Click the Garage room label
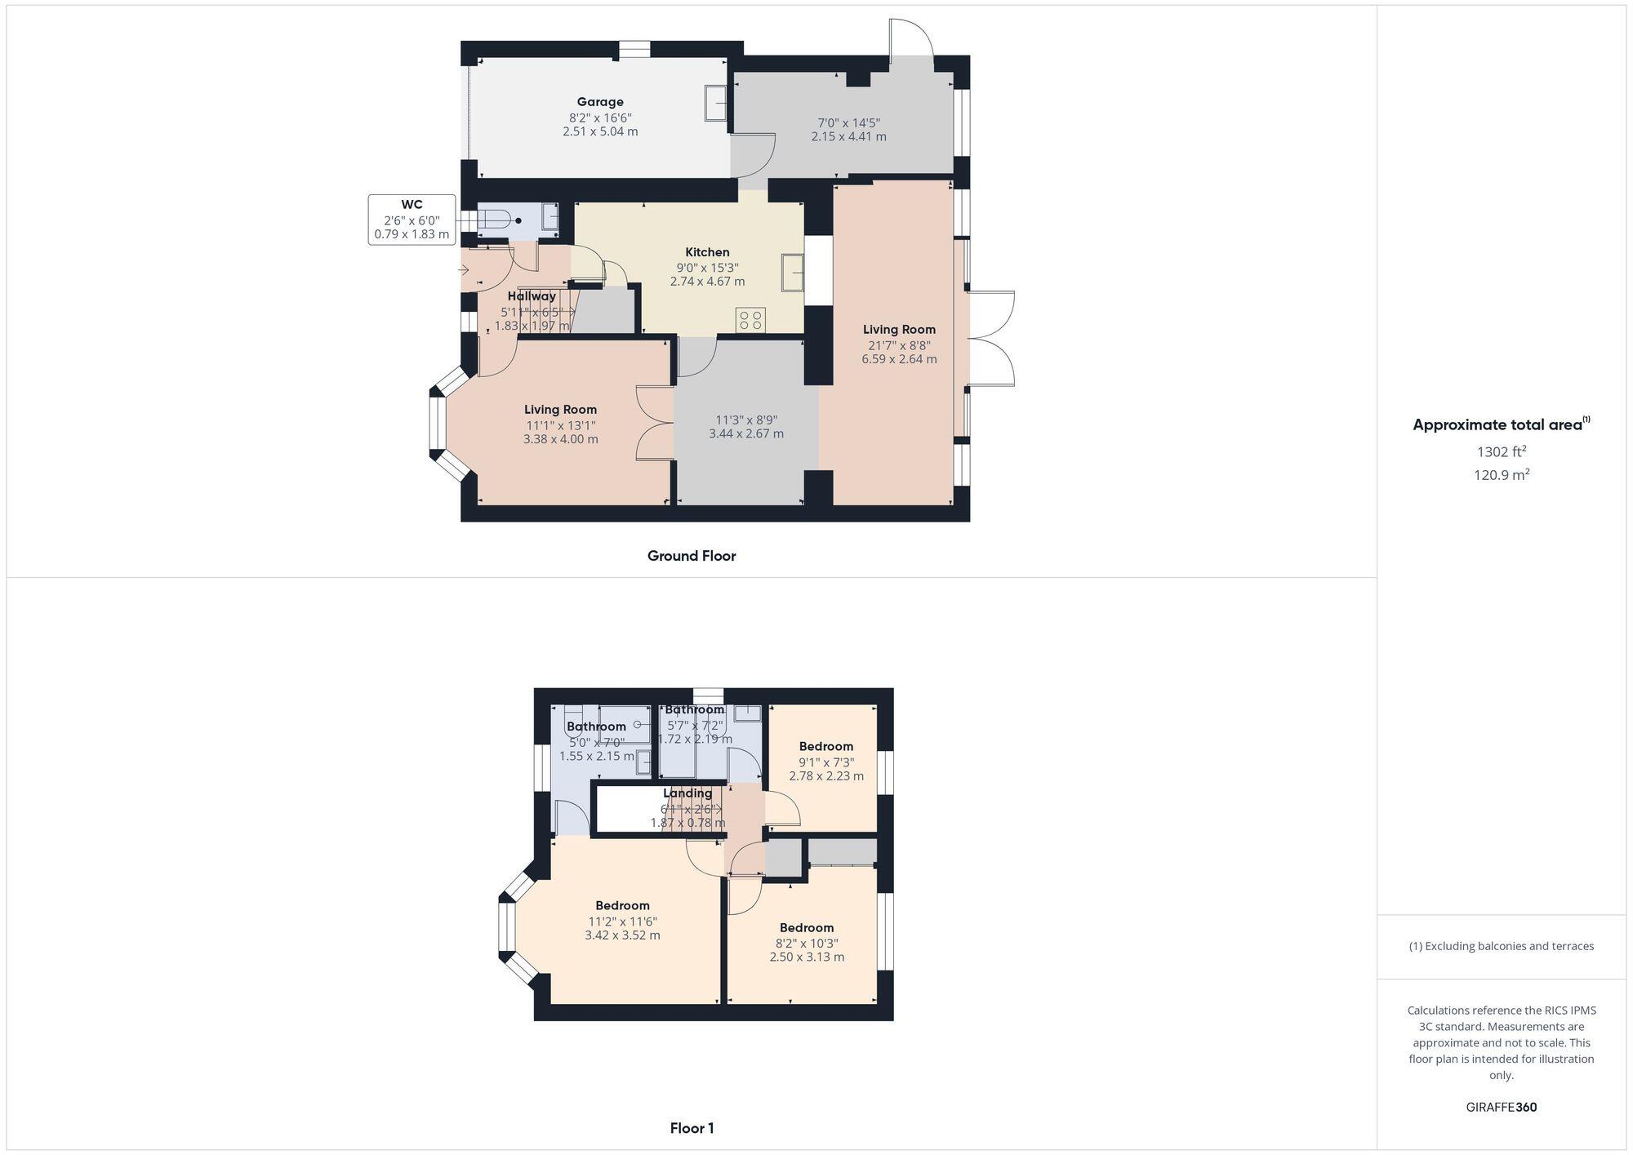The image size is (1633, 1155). pos(600,102)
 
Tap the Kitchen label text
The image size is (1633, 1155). pos(707,252)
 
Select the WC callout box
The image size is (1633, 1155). pos(412,220)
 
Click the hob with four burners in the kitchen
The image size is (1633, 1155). pos(750,319)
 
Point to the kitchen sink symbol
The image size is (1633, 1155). pos(791,272)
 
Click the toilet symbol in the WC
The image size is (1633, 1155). pos(499,220)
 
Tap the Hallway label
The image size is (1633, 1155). pos(532,296)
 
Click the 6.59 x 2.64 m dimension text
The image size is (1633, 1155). pos(899,359)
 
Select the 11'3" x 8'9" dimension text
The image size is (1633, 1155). pos(746,419)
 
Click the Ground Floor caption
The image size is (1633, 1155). pos(692,556)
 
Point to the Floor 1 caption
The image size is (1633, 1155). pos(692,1128)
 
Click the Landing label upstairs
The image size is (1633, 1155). pos(687,793)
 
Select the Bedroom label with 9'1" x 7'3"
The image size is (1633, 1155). pos(825,746)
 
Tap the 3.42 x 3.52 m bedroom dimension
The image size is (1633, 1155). pos(622,935)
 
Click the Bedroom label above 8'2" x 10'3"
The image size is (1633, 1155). pos(807,927)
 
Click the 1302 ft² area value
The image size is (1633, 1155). pos(1502,451)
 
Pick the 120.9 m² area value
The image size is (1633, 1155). pos(1502,474)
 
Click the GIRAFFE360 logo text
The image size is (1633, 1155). pos(1502,1107)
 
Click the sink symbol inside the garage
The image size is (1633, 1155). pos(716,103)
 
